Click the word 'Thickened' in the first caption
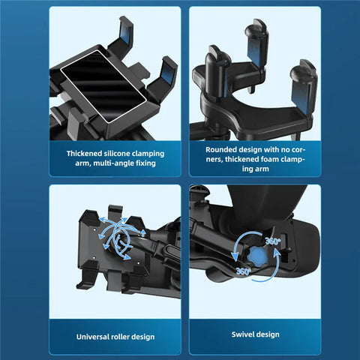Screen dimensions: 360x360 pos(88,153)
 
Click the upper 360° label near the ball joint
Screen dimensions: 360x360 pos(272,241)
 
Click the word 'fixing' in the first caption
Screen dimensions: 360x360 pos(146,163)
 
